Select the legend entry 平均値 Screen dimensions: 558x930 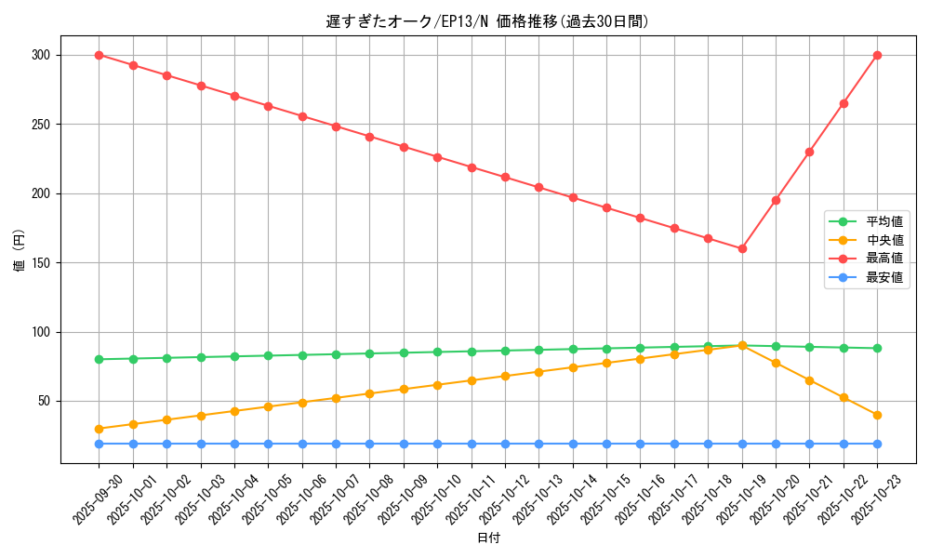point(884,221)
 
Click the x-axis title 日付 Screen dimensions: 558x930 point(488,538)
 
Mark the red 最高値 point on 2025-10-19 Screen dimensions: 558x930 point(742,248)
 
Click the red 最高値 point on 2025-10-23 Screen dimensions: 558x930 point(877,55)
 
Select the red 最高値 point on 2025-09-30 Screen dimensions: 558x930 point(99,55)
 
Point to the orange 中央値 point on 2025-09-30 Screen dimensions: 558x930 point(99,429)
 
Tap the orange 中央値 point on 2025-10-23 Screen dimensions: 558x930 point(877,415)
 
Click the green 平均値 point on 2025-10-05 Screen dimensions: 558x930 point(268,355)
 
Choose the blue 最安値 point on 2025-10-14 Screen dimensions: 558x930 point(573,444)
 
